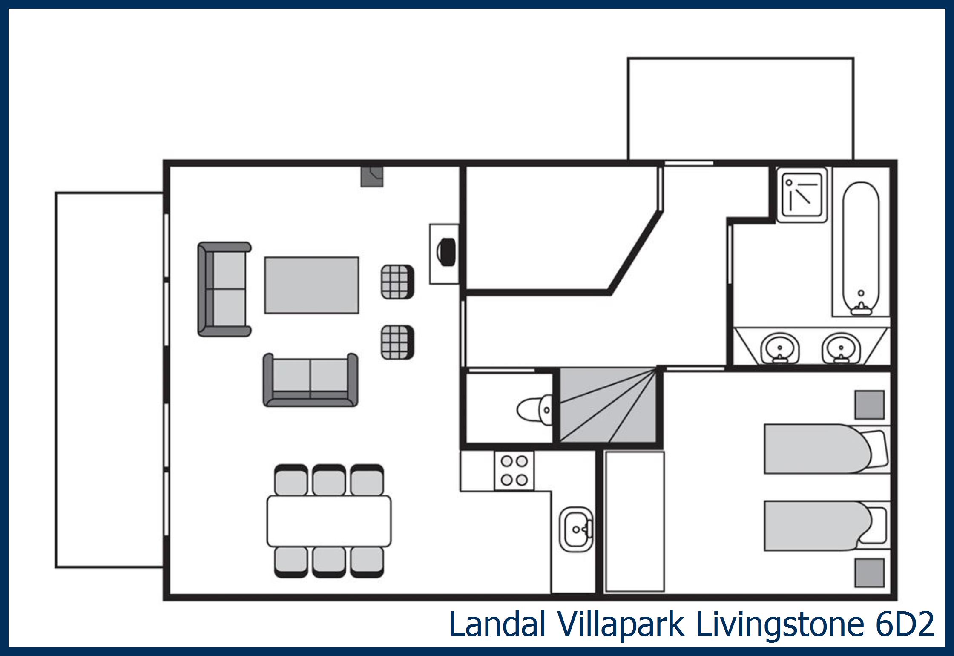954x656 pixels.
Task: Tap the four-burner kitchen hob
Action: (x=514, y=471)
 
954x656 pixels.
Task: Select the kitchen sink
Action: (x=576, y=529)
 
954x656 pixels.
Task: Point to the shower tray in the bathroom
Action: (x=802, y=195)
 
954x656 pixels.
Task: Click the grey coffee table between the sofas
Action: (x=312, y=285)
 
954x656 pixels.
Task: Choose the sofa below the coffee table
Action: (x=310, y=380)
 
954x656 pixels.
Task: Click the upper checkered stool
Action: (x=397, y=282)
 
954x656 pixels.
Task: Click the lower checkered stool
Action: (x=397, y=342)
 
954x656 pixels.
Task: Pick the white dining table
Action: (x=329, y=521)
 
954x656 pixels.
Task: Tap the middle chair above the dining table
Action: (x=329, y=480)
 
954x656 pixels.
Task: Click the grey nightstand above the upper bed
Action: (x=869, y=405)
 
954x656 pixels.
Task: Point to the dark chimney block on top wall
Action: (x=372, y=176)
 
